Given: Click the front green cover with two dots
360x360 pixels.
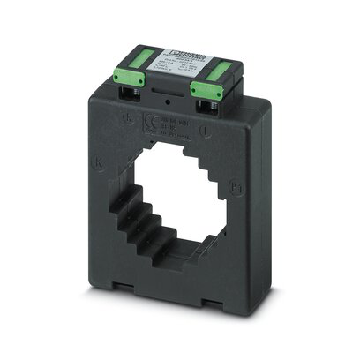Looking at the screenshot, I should pyautogui.click(x=205, y=89).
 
